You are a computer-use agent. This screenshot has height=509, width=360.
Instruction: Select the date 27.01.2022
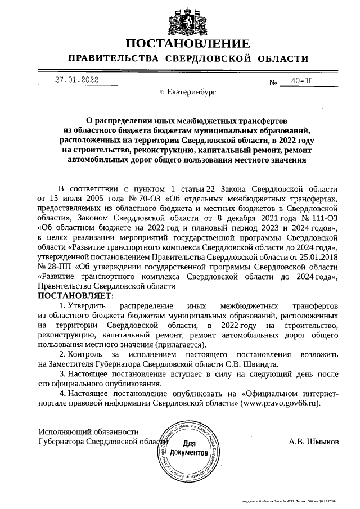[x=76, y=79]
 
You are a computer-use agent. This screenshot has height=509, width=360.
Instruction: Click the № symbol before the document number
[x=274, y=83]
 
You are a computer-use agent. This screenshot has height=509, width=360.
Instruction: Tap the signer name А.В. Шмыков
[x=314, y=442]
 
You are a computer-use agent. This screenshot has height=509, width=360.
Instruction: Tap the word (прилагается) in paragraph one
[x=183, y=344]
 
